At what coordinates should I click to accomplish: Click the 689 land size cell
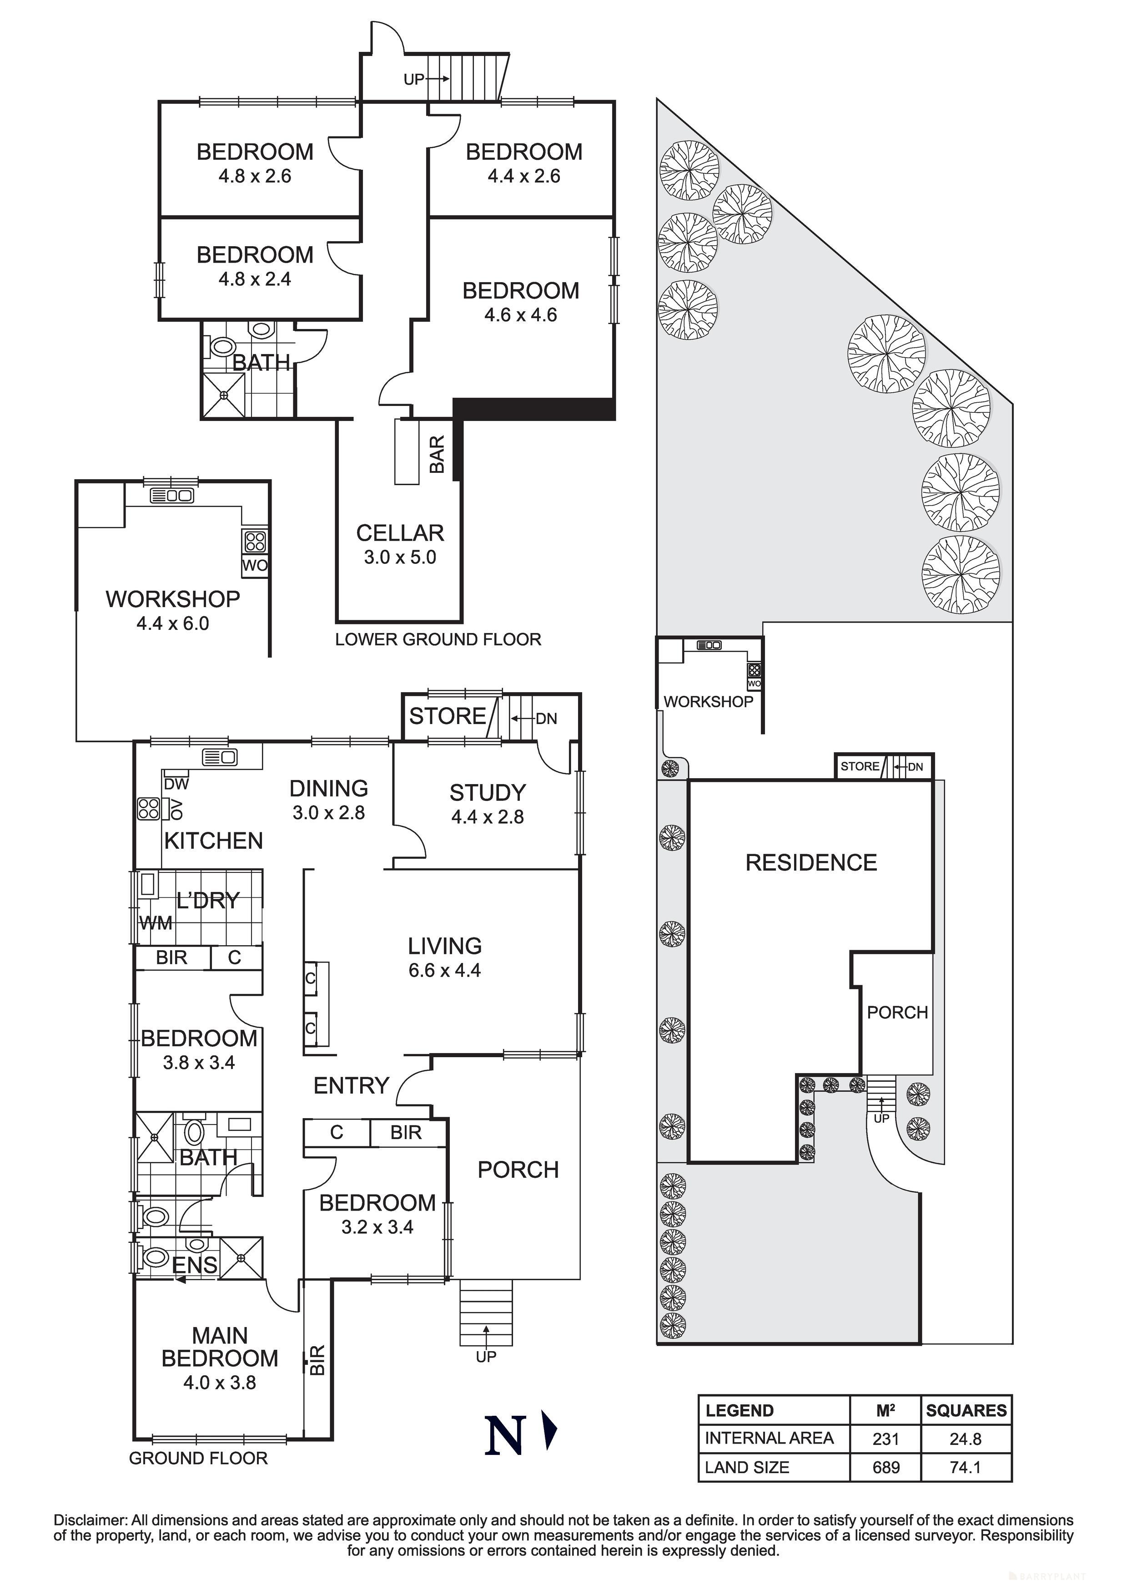886,1467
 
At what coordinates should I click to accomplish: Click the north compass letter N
504,1435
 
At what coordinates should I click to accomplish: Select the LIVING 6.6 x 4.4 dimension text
445,970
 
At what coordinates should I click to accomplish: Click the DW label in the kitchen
176,784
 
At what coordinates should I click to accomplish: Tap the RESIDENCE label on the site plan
811,863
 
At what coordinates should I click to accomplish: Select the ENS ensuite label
195,1265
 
